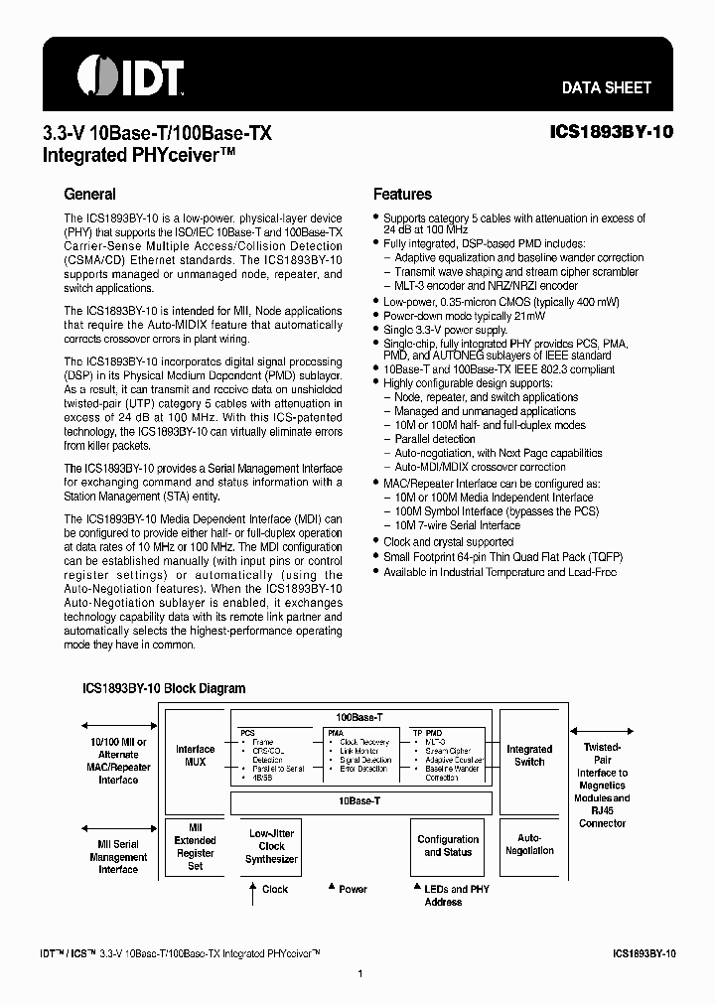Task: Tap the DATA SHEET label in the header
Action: coord(606,87)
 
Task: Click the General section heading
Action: coord(89,195)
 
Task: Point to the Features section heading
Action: coord(402,195)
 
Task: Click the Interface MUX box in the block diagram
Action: coord(195,756)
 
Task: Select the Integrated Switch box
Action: coord(529,756)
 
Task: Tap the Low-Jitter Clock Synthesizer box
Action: coord(271,846)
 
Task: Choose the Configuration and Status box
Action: coord(448,846)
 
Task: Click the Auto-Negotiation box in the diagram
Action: coord(529,844)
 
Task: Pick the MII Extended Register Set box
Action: coord(195,846)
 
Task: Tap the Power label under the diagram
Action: coord(353,889)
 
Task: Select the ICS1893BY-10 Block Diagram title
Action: coord(163,687)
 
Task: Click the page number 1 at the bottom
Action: coord(358,974)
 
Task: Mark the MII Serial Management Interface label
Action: coord(118,856)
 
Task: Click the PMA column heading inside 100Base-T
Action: coord(336,732)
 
